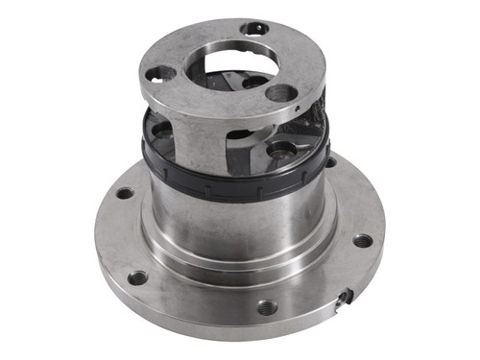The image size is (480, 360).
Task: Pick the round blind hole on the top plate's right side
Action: coord(280,93)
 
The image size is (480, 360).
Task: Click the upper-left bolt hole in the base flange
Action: coord(125,193)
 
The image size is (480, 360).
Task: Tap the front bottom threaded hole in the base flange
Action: coord(267,307)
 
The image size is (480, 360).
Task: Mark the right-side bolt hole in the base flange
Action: coord(362,240)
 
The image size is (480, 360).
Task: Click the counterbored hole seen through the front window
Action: coord(279,151)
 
